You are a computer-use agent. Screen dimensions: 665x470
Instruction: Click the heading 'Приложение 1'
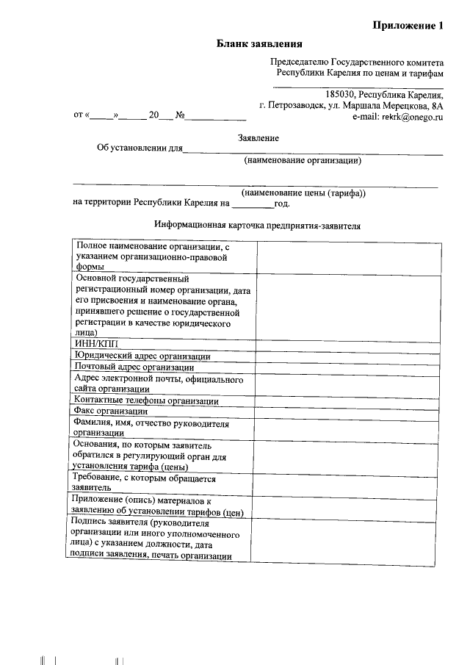(x=408, y=26)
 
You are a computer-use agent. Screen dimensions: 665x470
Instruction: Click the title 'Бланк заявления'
(x=259, y=44)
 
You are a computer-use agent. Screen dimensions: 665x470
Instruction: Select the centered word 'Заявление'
(x=258, y=137)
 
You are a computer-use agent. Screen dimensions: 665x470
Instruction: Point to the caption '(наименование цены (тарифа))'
(x=303, y=193)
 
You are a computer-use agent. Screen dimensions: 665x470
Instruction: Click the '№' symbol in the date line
(x=178, y=116)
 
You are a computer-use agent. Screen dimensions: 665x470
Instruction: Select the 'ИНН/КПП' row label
(x=95, y=344)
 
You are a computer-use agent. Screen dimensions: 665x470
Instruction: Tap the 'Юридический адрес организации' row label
(x=142, y=356)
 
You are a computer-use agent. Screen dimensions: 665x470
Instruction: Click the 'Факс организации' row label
(x=111, y=411)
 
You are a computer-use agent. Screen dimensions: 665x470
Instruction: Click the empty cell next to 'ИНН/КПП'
(x=349, y=344)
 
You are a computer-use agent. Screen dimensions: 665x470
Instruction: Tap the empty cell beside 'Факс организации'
(x=349, y=411)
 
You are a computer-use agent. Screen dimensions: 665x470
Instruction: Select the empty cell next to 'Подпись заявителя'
(x=349, y=539)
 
